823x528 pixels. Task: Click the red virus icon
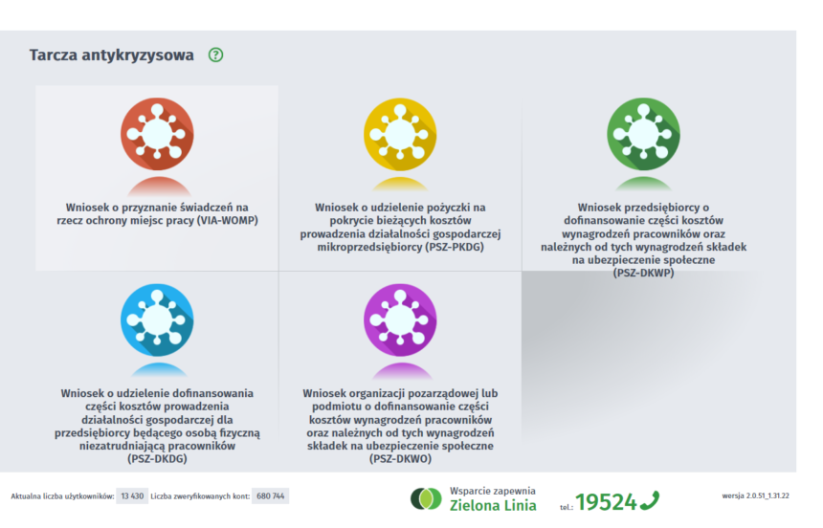(157, 134)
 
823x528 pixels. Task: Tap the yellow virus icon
(400, 134)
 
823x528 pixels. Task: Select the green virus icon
(643, 134)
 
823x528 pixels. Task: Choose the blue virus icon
(157, 319)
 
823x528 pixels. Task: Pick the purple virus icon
(400, 319)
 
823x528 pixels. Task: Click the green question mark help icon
(215, 55)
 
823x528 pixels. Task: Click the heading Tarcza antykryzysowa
(111, 55)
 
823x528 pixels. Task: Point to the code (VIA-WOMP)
(227, 220)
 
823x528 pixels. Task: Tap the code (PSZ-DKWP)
(643, 273)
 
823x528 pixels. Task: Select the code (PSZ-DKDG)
(157, 459)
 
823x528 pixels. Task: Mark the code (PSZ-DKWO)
(400, 459)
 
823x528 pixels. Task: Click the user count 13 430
(132, 496)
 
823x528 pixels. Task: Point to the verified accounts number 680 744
(270, 496)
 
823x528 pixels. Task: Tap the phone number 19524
(606, 502)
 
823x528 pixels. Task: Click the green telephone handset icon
(650, 500)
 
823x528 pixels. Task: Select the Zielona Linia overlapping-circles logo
(426, 498)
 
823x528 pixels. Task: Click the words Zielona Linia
(493, 505)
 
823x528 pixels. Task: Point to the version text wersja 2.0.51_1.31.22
(755, 495)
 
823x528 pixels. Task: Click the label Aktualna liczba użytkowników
(62, 496)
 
